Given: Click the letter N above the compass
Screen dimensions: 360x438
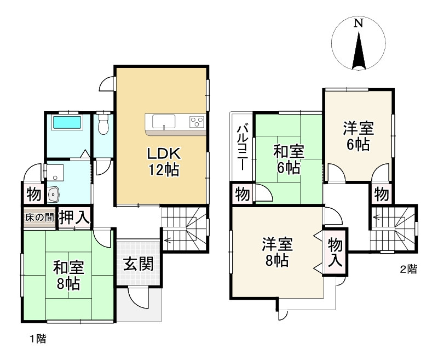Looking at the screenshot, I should coord(358,23).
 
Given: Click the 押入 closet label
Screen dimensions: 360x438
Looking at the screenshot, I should coord(74,217).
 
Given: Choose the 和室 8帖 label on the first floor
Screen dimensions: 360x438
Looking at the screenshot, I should coord(67,276).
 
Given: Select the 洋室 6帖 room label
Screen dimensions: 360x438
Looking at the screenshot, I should coord(358,136).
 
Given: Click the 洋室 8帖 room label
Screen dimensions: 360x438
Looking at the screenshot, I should coord(276,252).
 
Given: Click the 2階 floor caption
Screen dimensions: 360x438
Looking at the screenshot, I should coord(408,269).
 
